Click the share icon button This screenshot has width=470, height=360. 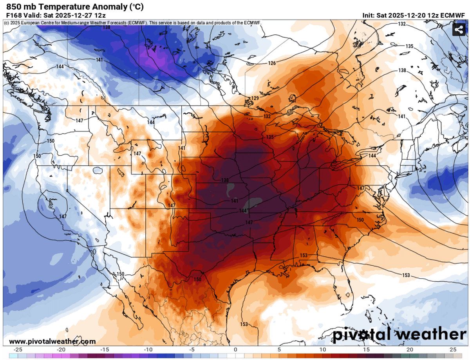coord(458,30)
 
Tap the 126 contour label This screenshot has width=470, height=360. coord(272,63)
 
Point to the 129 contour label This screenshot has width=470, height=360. coord(255,98)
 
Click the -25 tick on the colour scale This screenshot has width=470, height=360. coord(18,349)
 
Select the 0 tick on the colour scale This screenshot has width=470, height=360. coord(235,349)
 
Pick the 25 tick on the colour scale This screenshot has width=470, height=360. coord(453,349)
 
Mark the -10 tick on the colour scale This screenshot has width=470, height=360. coord(148,349)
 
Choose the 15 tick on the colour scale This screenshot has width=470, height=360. coord(366,349)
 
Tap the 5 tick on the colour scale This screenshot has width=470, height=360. coord(279,349)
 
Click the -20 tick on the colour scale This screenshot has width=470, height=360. coord(61,349)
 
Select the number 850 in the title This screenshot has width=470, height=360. coord(13,6)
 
